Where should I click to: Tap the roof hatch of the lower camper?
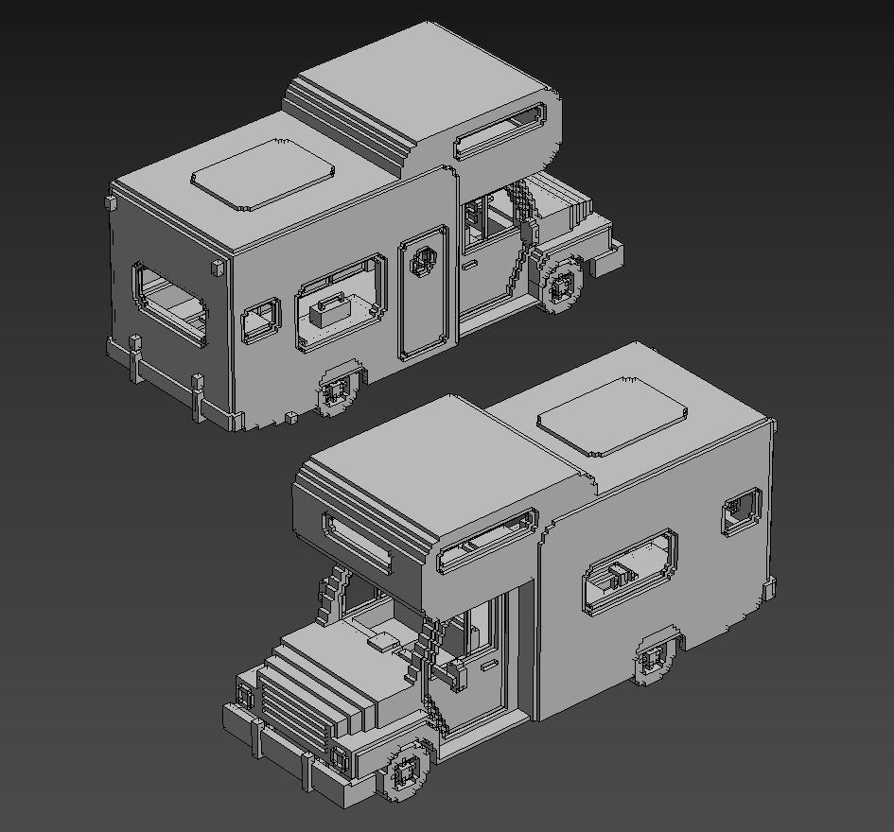click(x=611, y=415)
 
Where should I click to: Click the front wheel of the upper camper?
click(x=564, y=282)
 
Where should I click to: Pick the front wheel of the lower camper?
click(x=405, y=772)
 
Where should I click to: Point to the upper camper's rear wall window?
click(x=170, y=302)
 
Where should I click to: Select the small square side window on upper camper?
click(x=261, y=320)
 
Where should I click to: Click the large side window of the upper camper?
click(x=342, y=301)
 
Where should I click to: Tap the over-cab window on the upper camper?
click(x=500, y=130)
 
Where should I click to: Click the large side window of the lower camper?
click(x=631, y=571)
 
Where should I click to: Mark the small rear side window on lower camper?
click(x=744, y=511)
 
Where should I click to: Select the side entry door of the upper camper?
click(x=423, y=292)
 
